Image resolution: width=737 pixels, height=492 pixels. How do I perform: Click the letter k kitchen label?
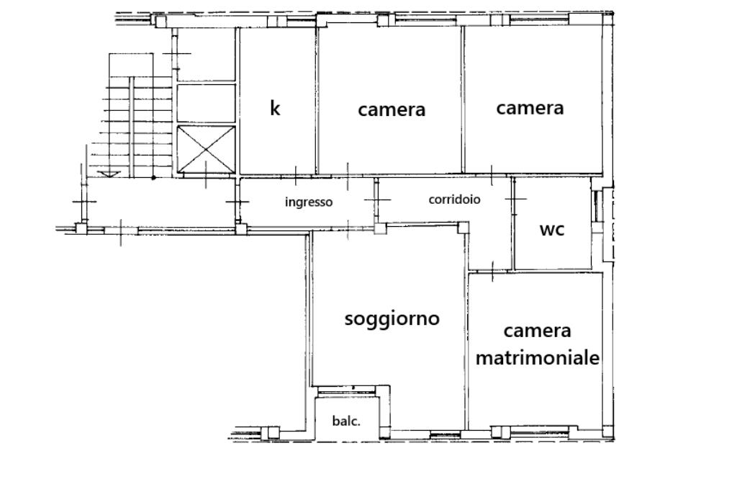point(275,108)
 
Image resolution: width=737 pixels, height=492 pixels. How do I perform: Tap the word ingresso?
point(309,202)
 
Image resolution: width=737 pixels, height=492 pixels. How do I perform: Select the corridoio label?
point(455,200)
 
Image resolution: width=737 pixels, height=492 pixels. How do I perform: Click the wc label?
point(552,230)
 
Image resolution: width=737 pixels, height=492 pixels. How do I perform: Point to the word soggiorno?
point(392,318)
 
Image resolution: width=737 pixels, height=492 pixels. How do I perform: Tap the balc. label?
point(346,421)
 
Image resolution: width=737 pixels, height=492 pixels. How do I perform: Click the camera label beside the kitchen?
point(392,109)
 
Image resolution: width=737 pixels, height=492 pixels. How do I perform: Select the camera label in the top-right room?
point(530,108)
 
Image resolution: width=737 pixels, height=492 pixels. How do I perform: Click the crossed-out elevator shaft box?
point(207,150)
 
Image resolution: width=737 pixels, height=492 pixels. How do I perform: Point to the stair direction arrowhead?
point(110,174)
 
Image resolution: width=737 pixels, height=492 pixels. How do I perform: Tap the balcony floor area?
point(347,419)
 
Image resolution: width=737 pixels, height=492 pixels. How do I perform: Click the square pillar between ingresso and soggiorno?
point(380,228)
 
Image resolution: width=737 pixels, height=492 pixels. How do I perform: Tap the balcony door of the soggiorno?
point(347,390)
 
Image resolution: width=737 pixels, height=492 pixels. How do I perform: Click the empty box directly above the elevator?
point(206,103)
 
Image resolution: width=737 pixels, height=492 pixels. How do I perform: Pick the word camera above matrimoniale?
point(537,331)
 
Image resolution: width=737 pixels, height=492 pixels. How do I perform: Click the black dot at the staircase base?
point(153,177)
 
